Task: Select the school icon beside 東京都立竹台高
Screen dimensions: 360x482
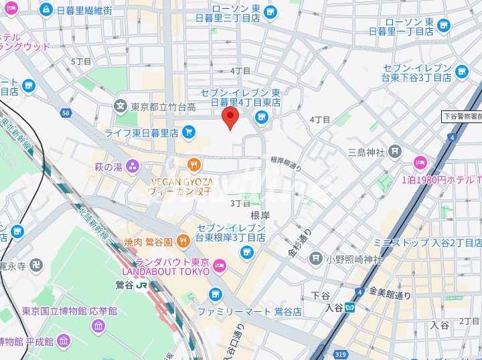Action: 120,106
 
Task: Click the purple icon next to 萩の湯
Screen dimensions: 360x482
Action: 133,166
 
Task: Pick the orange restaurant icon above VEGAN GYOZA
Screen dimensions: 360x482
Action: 193,164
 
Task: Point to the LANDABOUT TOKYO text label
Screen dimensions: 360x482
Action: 165,271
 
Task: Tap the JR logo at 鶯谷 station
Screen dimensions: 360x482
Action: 142,285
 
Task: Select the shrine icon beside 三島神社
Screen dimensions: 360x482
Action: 395,152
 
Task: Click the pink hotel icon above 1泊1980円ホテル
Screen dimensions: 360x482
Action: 420,161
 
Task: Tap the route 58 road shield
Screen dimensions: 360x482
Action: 66,113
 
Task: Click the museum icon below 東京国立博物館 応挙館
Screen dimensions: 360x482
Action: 98,326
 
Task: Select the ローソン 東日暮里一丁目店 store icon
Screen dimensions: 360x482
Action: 443,26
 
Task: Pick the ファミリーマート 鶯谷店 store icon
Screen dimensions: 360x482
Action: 215,294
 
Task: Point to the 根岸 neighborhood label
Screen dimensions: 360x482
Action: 260,215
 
